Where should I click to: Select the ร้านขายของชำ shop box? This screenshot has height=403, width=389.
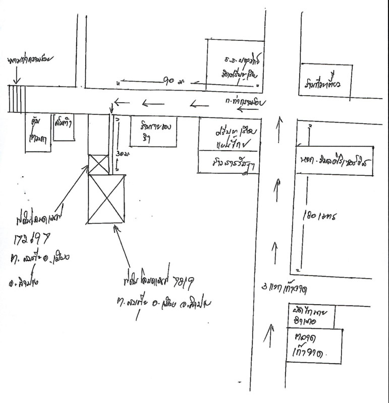pyautogui.click(x=154, y=132)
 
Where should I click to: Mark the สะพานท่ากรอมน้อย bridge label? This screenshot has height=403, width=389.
pyautogui.click(x=30, y=61)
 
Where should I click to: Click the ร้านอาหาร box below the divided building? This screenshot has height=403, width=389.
pyautogui.click(x=228, y=163)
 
